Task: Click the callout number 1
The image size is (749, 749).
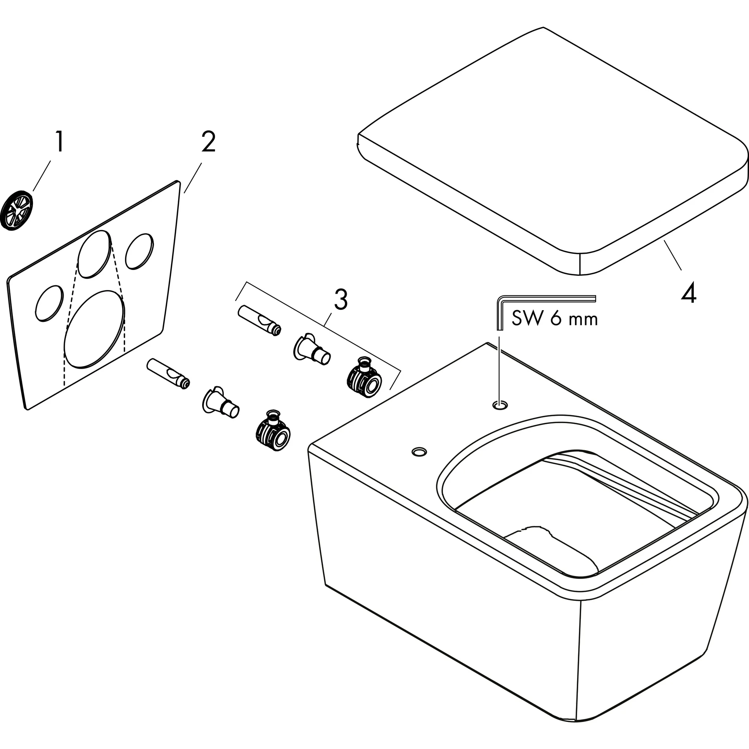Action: coord(59,142)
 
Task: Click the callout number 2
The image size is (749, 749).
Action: coord(208,142)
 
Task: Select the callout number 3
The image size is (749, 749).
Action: coord(340,299)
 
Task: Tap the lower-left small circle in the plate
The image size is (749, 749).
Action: coord(49,303)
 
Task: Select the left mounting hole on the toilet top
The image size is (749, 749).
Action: coord(419,451)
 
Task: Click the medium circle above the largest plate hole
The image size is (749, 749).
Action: coord(94,254)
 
